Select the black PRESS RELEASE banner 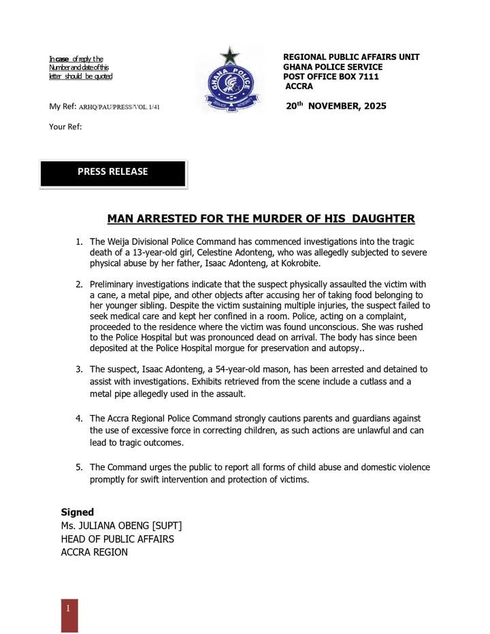(x=113, y=173)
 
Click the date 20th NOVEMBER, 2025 (x=336, y=106)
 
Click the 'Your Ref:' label (x=65, y=126)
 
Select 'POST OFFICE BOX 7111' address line (x=331, y=77)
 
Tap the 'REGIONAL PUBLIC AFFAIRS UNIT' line (x=351, y=57)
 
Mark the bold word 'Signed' (x=78, y=512)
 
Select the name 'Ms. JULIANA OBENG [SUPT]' (x=121, y=526)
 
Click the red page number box (x=69, y=615)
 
